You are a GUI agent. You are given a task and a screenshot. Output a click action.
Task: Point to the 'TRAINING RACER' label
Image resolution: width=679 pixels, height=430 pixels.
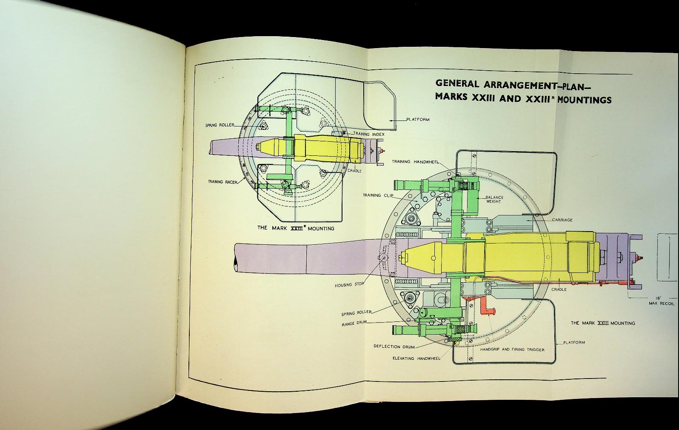click(x=222, y=182)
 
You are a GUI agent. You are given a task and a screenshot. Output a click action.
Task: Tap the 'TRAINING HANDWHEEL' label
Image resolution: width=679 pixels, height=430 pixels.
click(x=415, y=162)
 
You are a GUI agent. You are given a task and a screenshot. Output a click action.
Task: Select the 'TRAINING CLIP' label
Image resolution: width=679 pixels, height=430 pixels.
click(x=378, y=195)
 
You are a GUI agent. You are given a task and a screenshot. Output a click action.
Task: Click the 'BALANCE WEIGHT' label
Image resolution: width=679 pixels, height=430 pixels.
click(x=494, y=199)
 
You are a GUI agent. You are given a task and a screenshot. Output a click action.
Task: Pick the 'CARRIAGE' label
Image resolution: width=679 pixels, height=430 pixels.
click(x=562, y=220)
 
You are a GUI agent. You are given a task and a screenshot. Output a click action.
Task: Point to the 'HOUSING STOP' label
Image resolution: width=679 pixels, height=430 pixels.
click(x=349, y=285)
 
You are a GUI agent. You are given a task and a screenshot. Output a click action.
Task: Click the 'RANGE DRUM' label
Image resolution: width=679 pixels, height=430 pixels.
click(x=354, y=324)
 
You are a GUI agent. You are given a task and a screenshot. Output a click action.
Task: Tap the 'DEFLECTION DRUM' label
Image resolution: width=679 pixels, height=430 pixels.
click(x=394, y=347)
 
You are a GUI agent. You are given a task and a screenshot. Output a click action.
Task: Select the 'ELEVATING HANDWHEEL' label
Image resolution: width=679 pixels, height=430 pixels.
click(x=416, y=358)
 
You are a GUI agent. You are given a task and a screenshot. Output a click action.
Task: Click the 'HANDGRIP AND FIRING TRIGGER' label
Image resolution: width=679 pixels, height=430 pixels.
click(x=512, y=350)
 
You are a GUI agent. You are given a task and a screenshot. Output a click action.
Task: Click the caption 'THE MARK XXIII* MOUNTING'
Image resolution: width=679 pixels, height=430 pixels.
click(x=296, y=228)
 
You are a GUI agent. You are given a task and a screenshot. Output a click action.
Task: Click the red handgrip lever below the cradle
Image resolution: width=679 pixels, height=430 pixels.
click(x=485, y=307)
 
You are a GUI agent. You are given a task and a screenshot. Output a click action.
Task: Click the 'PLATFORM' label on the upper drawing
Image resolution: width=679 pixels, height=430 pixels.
click(x=418, y=120)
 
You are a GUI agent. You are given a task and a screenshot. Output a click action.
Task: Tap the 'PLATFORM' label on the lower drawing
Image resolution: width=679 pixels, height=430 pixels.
click(x=574, y=342)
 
